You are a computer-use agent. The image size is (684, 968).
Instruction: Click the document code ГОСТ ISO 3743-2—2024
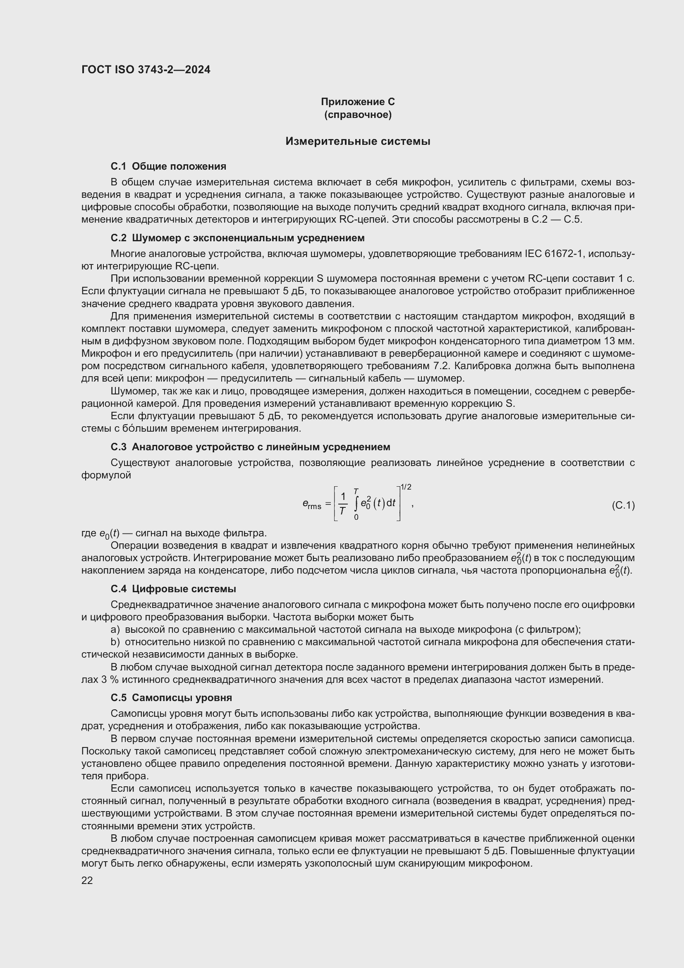(x=146, y=70)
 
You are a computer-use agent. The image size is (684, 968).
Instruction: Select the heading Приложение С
(x=358, y=102)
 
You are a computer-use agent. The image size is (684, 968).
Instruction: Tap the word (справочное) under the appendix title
(x=358, y=115)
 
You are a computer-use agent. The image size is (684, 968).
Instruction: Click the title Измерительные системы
(x=358, y=141)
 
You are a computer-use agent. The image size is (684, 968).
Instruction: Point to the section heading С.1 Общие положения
(x=168, y=166)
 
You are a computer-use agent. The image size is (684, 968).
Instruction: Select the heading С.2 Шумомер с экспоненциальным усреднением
(x=237, y=238)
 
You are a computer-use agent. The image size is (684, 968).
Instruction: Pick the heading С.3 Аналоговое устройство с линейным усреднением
(x=250, y=447)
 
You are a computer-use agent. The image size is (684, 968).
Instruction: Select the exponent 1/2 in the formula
(x=406, y=488)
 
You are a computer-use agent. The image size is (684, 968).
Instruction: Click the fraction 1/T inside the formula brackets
(x=343, y=504)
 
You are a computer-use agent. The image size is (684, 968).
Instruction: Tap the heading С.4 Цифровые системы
(x=173, y=589)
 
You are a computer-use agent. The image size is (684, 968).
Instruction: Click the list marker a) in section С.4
(x=115, y=630)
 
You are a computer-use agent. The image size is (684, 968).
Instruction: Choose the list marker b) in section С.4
(x=115, y=642)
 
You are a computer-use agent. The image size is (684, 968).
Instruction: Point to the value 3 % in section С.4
(x=109, y=680)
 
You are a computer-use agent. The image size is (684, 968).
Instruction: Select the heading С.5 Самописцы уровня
(x=171, y=698)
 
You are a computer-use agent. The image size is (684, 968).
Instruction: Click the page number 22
(x=87, y=881)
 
